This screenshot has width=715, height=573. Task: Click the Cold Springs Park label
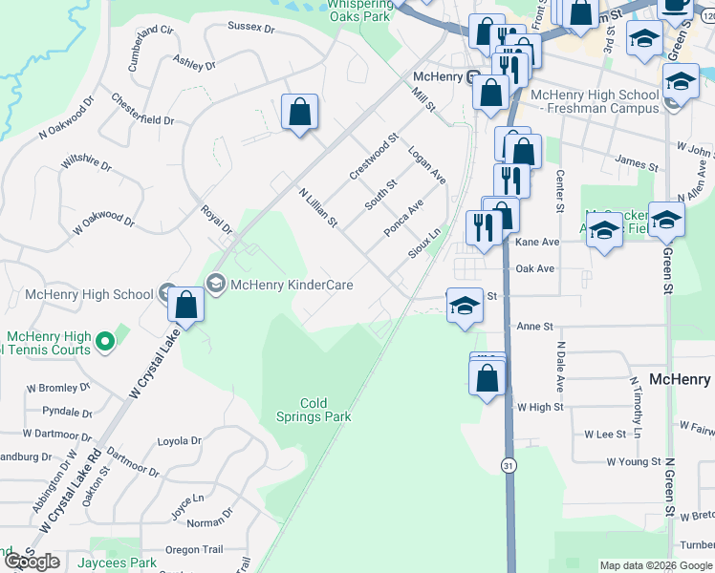[314, 410]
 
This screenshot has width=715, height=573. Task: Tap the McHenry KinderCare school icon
[215, 284]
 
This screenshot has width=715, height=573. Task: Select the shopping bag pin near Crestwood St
[300, 112]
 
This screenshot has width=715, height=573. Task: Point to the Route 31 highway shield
[507, 464]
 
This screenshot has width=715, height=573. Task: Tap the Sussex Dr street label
[250, 29]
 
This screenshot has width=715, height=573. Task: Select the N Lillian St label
[318, 207]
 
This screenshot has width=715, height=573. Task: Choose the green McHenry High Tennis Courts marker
[104, 340]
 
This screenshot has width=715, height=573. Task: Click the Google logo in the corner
[32, 562]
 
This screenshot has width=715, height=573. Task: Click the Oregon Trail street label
[194, 549]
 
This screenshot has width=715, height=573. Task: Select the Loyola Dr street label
[179, 441]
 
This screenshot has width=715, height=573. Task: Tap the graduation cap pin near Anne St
[465, 306]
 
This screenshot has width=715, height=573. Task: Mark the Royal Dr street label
[216, 220]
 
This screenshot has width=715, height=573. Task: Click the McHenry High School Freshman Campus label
[594, 101]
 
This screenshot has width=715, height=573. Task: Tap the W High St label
[540, 407]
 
